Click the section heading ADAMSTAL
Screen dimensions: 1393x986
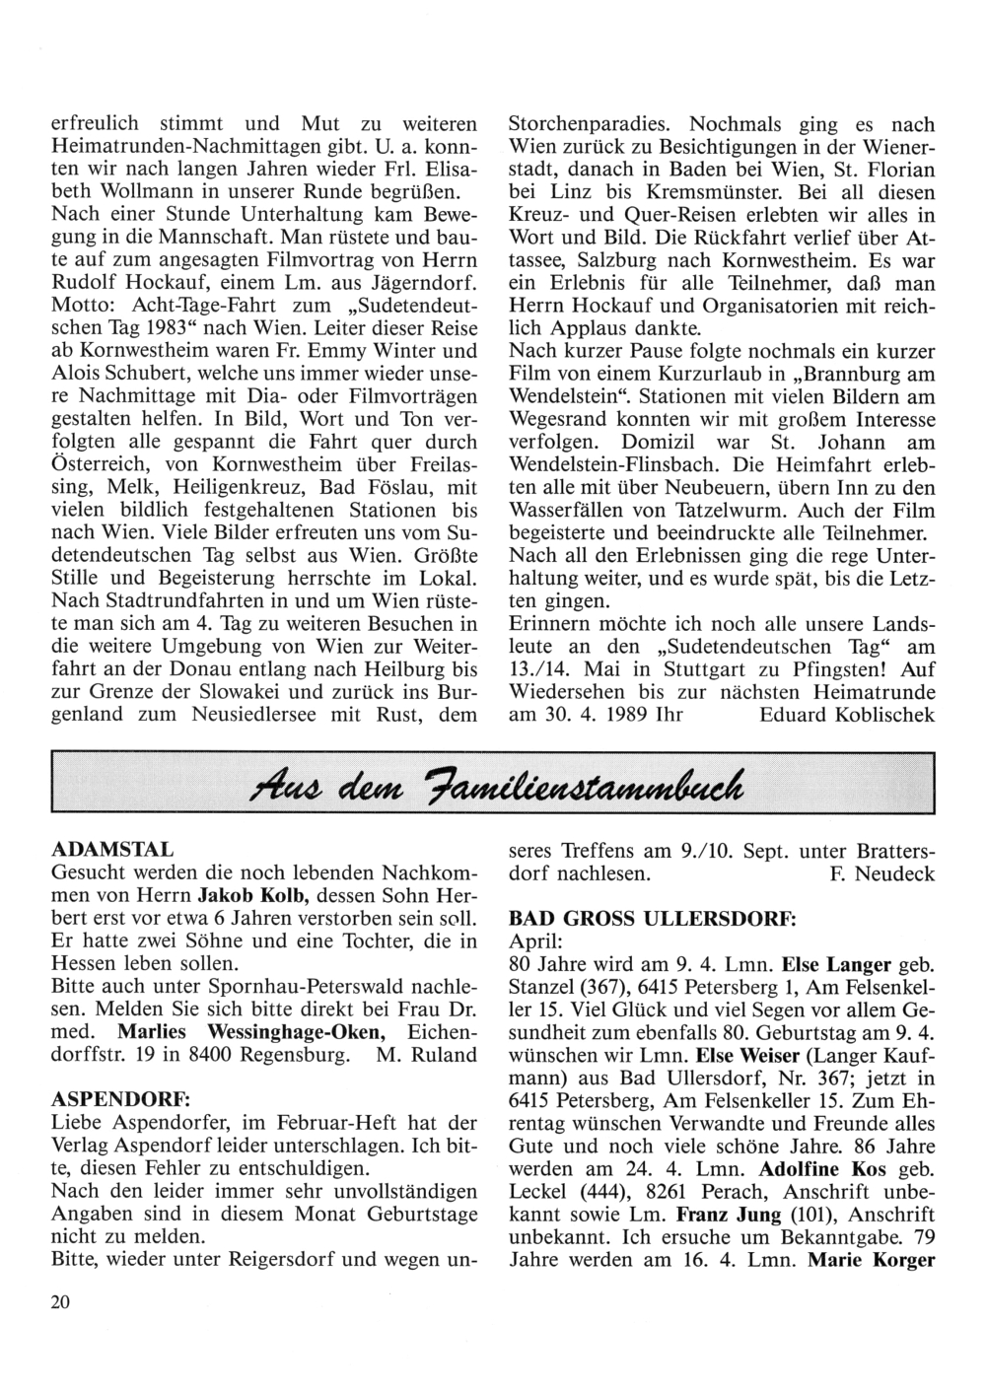pyautogui.click(x=111, y=849)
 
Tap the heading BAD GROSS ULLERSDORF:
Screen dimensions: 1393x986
pyautogui.click(x=652, y=917)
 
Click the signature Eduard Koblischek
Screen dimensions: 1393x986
pyautogui.click(x=847, y=713)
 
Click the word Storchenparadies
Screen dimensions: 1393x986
pyautogui.click(x=588, y=125)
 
